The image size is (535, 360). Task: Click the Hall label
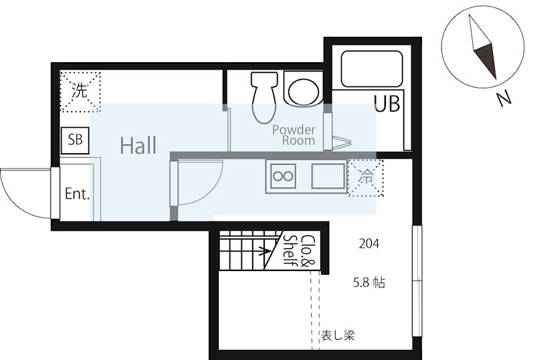click(x=138, y=145)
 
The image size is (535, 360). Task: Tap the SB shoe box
click(x=75, y=141)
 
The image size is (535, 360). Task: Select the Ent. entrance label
click(x=77, y=194)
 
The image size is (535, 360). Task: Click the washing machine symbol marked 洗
click(x=80, y=91)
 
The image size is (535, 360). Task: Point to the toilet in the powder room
click(x=263, y=96)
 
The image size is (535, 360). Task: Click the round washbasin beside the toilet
click(x=304, y=90)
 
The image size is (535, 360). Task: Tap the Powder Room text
click(x=294, y=135)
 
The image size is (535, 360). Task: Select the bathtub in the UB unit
click(x=372, y=69)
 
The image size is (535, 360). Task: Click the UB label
click(x=387, y=104)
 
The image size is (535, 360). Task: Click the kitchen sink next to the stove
click(x=328, y=176)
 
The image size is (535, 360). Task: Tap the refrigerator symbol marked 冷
click(x=365, y=177)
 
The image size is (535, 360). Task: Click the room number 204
click(x=369, y=244)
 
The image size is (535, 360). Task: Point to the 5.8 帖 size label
click(x=369, y=283)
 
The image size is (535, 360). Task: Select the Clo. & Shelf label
click(x=300, y=251)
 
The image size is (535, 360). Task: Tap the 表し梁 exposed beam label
click(x=338, y=335)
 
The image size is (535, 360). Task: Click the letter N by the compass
click(x=504, y=99)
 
